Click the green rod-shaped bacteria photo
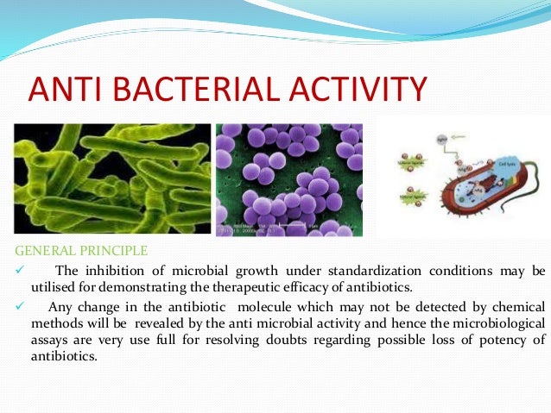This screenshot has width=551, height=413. pos(112,179)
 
